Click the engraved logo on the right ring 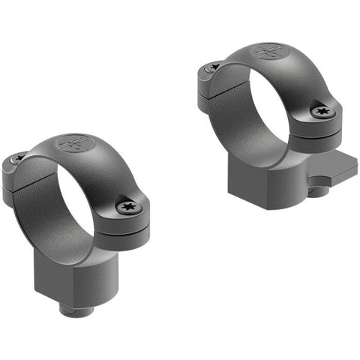268,52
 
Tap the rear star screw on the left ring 18,158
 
